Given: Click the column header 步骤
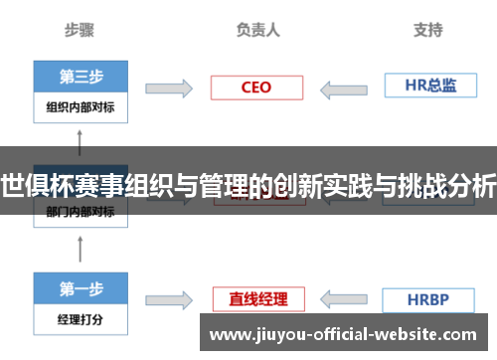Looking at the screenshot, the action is [x=80, y=31].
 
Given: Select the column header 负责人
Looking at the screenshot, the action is [x=258, y=31].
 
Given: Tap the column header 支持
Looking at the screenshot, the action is [x=427, y=31].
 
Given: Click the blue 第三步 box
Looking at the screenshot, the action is [x=81, y=77].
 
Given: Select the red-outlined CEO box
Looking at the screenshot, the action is [x=255, y=88].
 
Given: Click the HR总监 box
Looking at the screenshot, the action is [x=428, y=86].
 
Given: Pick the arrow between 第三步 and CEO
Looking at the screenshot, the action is [x=169, y=89].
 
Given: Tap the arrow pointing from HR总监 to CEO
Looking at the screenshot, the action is [x=342, y=89].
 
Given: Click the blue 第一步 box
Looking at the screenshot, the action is [x=81, y=289].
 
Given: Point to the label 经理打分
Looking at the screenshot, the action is [x=81, y=320].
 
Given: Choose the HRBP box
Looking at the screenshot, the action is [x=428, y=298].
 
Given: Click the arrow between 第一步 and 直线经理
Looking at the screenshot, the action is [x=169, y=299].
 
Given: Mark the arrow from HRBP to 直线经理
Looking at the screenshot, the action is [x=342, y=299].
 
